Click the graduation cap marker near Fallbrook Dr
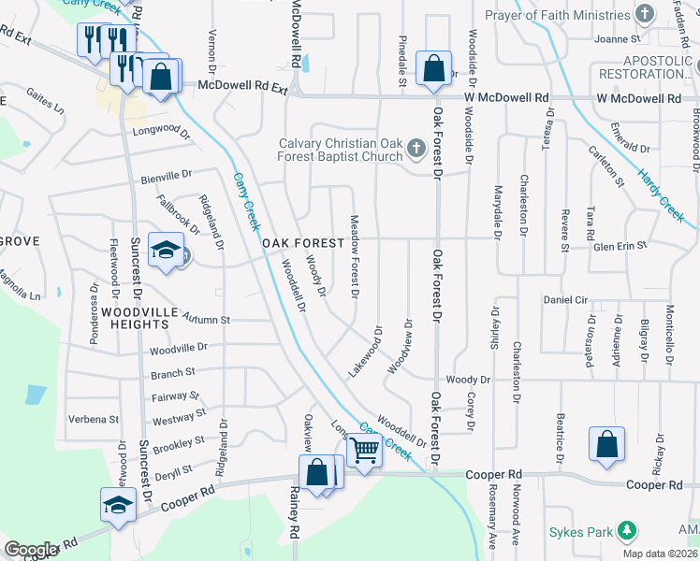pyautogui.click(x=166, y=251)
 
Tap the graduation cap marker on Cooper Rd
pyautogui.click(x=119, y=506)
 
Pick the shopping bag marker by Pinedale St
pyautogui.click(x=433, y=68)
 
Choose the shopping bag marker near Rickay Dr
pyautogui.click(x=606, y=445)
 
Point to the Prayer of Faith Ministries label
pyautogui.click(x=559, y=14)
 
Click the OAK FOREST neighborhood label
pyautogui.click(x=299, y=243)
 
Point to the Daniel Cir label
pyautogui.click(x=566, y=300)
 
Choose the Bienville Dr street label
pyautogui.click(x=166, y=174)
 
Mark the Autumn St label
pyautogui.click(x=207, y=318)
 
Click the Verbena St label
pyautogui.click(x=95, y=420)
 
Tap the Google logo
pyautogui.click(x=31, y=549)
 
